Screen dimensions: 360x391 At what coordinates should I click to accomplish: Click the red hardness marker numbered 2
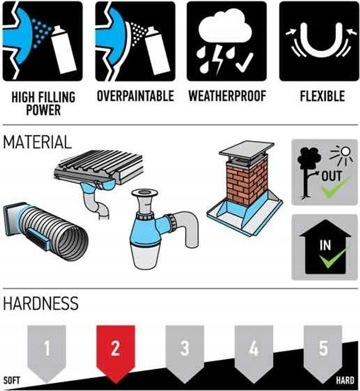click(115, 353)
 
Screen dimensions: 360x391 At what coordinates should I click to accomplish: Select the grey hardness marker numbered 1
click(47, 353)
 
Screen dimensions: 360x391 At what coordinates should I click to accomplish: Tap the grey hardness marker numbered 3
click(185, 353)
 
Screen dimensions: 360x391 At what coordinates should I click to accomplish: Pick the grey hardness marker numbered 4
click(254, 353)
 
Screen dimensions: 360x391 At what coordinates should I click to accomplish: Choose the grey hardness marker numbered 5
click(323, 353)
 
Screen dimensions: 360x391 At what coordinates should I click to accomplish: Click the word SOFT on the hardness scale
click(12, 381)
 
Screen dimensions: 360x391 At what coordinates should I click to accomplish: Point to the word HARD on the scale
click(345, 381)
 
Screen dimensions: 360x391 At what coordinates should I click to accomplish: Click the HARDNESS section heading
click(41, 303)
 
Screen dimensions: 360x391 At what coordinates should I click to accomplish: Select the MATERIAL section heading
click(37, 142)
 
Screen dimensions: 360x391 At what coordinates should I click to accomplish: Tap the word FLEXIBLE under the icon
click(322, 96)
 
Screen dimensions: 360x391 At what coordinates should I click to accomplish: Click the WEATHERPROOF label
click(227, 96)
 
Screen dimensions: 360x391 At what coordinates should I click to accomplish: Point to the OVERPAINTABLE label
click(135, 96)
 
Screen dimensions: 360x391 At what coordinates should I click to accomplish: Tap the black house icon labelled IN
click(325, 247)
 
